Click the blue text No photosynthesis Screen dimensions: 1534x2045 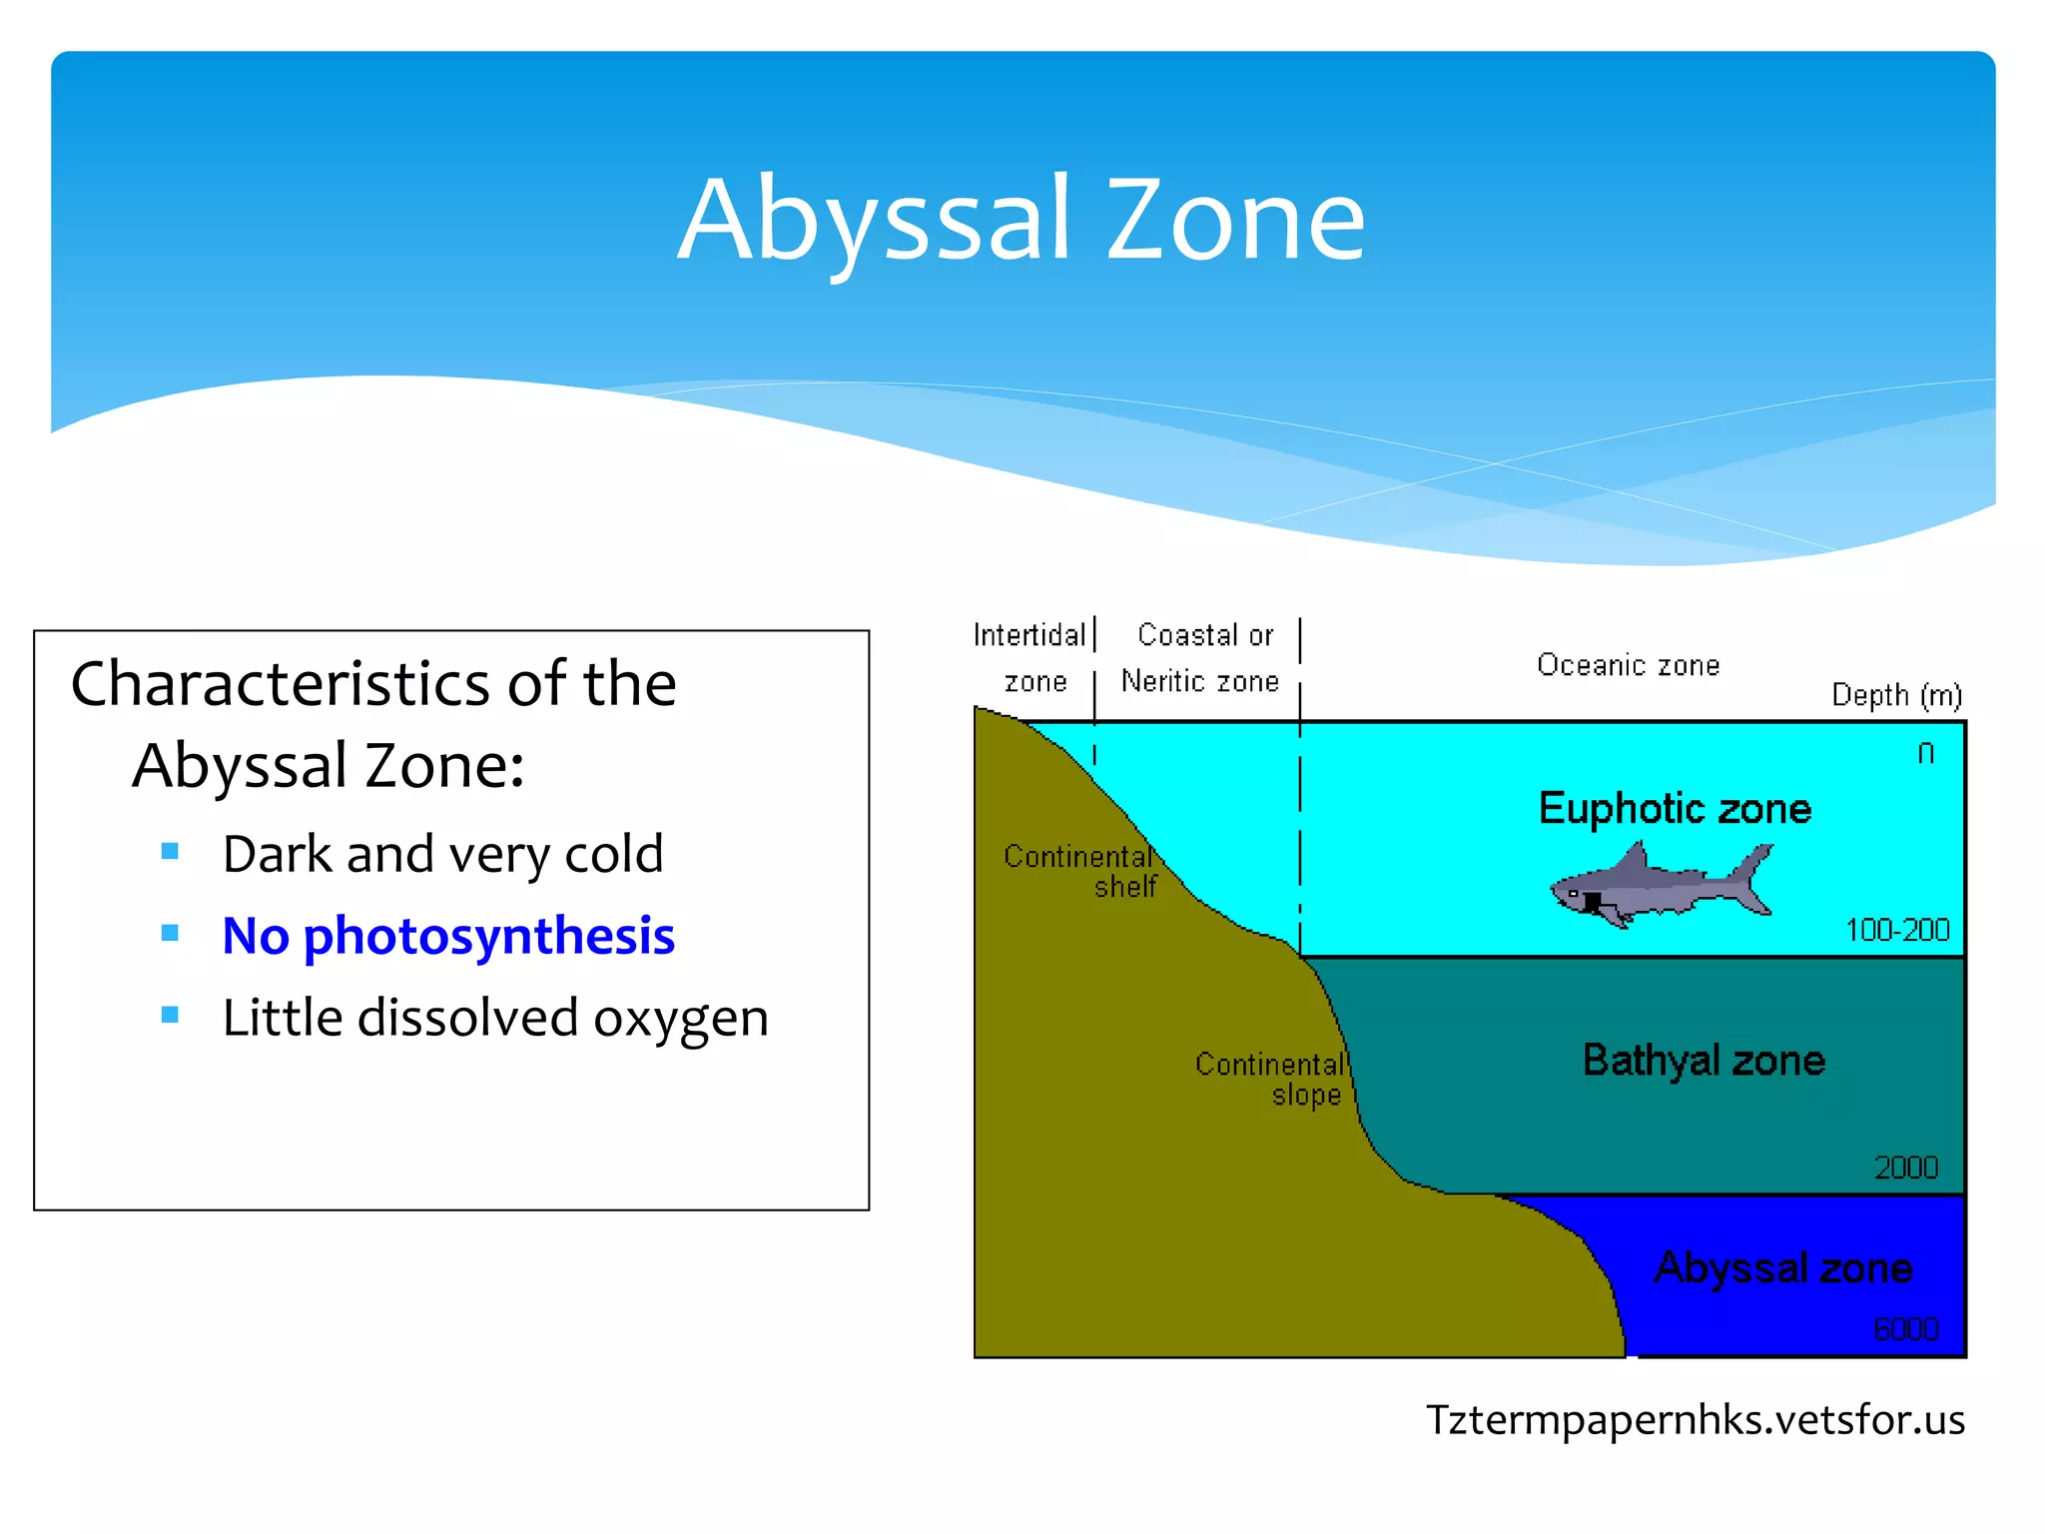click(448, 936)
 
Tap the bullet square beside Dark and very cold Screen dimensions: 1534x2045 click(170, 851)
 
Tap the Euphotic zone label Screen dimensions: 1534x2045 click(1675, 808)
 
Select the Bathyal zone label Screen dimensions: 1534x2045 click(1704, 1060)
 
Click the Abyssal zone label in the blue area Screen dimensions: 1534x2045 click(1783, 1267)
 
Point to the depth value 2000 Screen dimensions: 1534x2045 click(1905, 1167)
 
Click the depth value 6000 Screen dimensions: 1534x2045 click(1905, 1329)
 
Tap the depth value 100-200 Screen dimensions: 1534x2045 click(1897, 930)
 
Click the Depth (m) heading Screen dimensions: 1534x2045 click(1896, 694)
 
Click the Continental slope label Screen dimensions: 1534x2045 click(1271, 1079)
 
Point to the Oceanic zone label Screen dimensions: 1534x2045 click(1628, 665)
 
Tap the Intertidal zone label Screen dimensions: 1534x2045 click(1030, 658)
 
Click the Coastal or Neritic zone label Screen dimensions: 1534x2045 click(1202, 658)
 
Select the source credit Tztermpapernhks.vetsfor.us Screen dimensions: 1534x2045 click(1695, 1419)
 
